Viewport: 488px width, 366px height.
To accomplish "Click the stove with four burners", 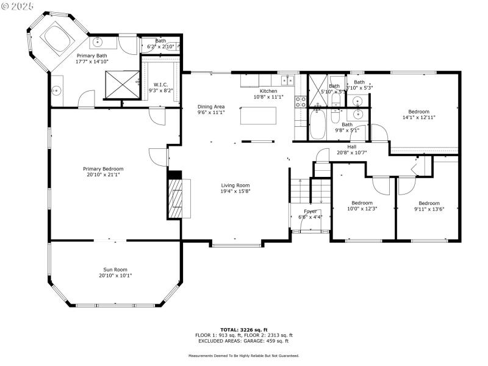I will click(300, 101).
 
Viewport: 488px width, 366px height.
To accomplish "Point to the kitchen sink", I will click(286, 80).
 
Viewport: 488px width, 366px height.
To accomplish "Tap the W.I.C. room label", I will click(160, 85).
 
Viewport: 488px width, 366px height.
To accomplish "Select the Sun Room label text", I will click(115, 269).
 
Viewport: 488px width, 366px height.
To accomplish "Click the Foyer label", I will click(310, 211).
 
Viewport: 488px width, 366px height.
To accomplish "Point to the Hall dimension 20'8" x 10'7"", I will click(351, 152).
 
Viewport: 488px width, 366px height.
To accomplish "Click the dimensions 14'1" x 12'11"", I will click(418, 117).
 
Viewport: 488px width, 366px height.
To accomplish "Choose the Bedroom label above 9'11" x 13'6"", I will click(429, 203).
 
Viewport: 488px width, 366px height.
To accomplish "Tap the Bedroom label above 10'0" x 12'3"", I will click(362, 203).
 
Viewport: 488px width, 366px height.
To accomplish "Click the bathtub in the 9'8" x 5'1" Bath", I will click(318, 124).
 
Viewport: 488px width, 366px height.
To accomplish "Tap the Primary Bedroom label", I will click(103, 169).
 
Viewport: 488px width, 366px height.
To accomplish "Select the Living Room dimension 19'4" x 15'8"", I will click(235, 192).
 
